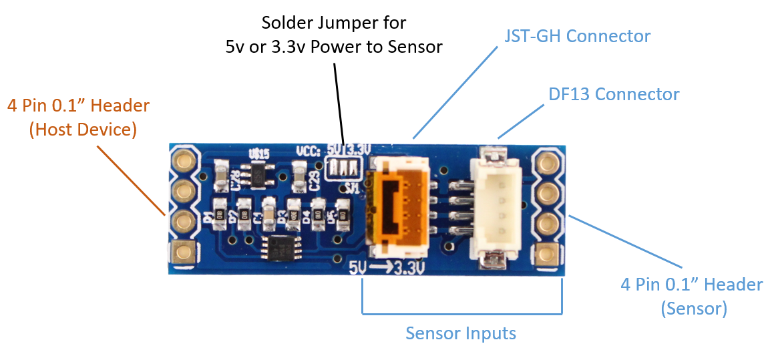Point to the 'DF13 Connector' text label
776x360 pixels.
tap(614, 94)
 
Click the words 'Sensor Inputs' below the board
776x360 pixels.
tap(461, 333)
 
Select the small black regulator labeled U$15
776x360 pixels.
tap(256, 175)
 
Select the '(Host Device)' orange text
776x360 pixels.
tap(83, 130)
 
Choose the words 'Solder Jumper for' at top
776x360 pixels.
tap(333, 23)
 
